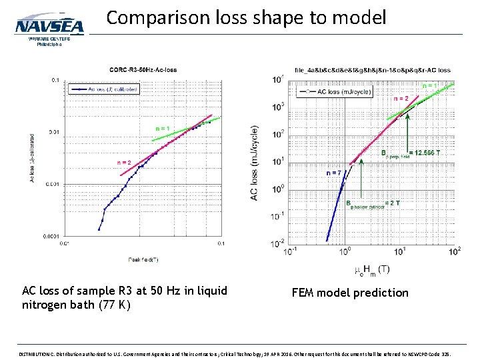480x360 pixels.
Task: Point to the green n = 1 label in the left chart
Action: click(163, 128)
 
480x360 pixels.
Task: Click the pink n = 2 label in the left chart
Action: click(124, 162)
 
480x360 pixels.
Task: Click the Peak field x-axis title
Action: click(143, 259)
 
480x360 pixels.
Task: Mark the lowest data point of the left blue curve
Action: click(99, 229)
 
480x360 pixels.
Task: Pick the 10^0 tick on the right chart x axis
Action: click(345, 252)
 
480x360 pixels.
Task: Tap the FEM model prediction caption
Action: click(350, 292)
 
